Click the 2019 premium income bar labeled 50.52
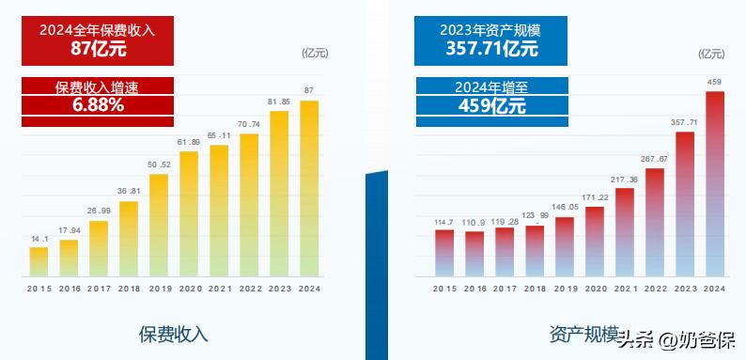[159, 226]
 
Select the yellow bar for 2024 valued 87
[309, 189]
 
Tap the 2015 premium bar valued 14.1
[39, 262]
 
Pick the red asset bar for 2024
[715, 184]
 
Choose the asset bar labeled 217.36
[624, 232]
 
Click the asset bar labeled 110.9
[474, 254]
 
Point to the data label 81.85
[279, 102]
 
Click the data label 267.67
[655, 159]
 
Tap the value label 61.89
[189, 142]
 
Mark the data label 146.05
[565, 208]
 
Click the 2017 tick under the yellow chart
[99, 289]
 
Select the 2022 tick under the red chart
[655, 289]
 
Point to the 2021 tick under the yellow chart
[219, 289]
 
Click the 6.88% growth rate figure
[98, 105]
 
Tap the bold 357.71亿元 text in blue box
[491, 48]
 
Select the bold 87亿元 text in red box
[99, 49]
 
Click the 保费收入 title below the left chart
[173, 335]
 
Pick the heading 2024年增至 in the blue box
[491, 87]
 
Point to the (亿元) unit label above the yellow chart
[315, 54]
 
